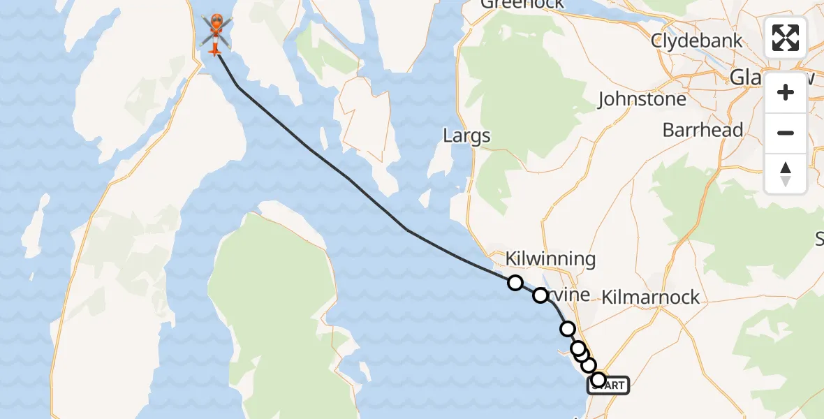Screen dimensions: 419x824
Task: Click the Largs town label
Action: pyautogui.click(x=466, y=135)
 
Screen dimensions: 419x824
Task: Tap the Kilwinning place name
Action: pyautogui.click(x=550, y=260)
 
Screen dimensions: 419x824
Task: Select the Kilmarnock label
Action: pyautogui.click(x=650, y=297)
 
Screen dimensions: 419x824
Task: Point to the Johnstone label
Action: pyautogui.click(x=642, y=100)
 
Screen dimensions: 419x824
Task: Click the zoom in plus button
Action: pyautogui.click(x=786, y=92)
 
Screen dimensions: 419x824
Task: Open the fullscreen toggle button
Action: pyautogui.click(x=786, y=38)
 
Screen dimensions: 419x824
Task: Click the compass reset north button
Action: pyautogui.click(x=786, y=173)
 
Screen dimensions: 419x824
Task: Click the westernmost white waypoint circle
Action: pyautogui.click(x=515, y=283)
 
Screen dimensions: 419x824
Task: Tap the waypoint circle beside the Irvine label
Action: pyautogui.click(x=540, y=295)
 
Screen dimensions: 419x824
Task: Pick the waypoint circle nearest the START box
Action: pyautogui.click(x=598, y=380)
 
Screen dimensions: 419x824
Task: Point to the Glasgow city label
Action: pyautogui.click(x=765, y=77)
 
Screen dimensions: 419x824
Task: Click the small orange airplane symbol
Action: pyautogui.click(x=214, y=49)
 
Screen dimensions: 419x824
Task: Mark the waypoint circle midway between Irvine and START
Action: pyautogui.click(x=567, y=329)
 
